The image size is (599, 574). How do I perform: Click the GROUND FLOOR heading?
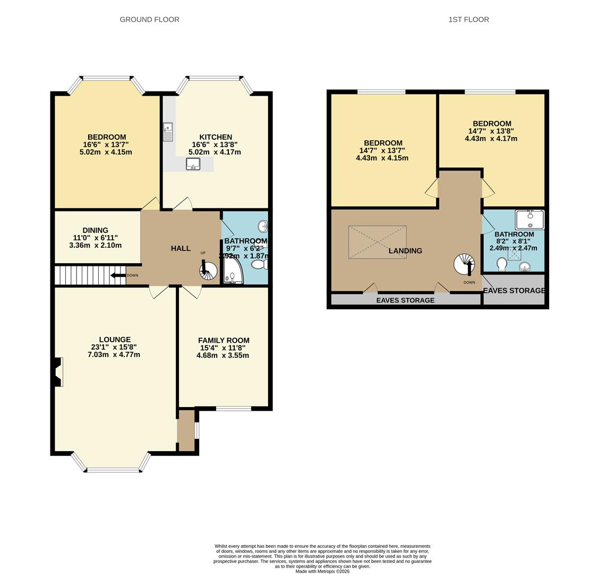[149, 20]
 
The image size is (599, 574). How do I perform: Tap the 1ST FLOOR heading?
[468, 20]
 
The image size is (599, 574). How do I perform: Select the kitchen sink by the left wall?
[168, 132]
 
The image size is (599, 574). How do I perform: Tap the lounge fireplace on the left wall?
[58, 372]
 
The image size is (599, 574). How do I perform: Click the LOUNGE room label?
[115, 340]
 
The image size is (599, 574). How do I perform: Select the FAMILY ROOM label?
[224, 340]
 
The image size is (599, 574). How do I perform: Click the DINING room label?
[95, 231]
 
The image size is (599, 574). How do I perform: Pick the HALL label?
[181, 248]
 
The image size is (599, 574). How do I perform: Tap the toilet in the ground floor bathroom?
[260, 264]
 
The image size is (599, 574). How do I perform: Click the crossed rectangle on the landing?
[377, 242]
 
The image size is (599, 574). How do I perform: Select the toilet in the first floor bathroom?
[501, 264]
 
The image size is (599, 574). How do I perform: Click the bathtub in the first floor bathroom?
[529, 219]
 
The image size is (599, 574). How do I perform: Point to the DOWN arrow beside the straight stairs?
[119, 275]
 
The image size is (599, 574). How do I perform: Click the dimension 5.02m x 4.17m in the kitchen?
[215, 152]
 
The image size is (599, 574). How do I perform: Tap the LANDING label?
[405, 251]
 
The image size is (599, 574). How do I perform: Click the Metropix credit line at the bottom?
[322, 571]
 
